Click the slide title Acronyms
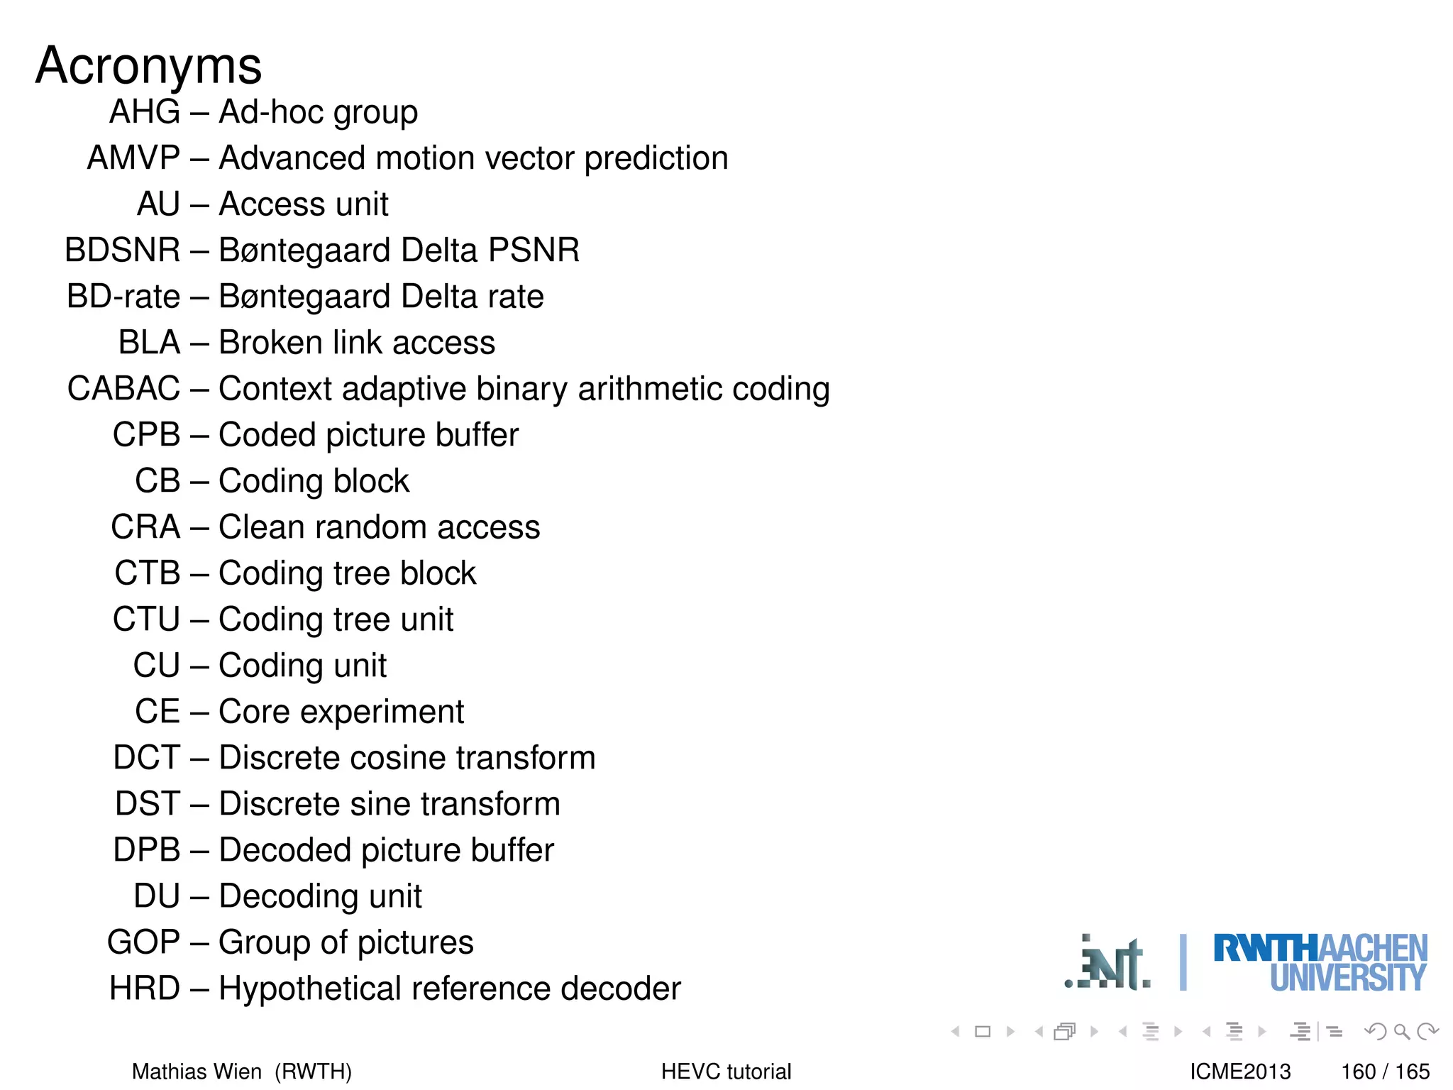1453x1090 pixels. point(148,65)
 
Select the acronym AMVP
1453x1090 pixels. point(133,158)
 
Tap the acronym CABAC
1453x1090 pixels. point(123,388)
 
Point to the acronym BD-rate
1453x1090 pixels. point(123,296)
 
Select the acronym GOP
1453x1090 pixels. point(143,942)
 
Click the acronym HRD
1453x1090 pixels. point(145,989)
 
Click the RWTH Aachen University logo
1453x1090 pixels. point(1320,962)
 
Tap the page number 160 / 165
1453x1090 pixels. point(1385,1071)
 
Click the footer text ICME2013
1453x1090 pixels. point(1240,1071)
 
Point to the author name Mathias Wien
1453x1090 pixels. point(197,1071)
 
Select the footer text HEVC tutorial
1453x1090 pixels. point(726,1071)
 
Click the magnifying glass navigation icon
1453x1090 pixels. point(1400,1031)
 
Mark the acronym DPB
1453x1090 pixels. point(147,850)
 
